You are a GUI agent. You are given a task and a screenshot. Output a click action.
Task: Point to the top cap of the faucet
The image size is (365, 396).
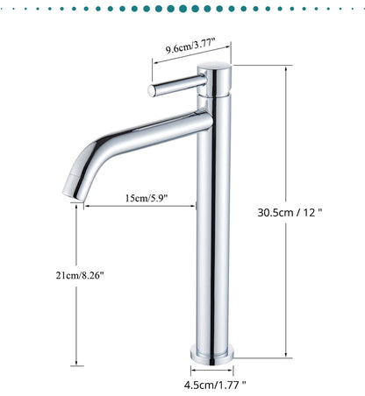214,69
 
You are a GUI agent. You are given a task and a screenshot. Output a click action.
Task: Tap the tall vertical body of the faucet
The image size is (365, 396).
214,228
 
